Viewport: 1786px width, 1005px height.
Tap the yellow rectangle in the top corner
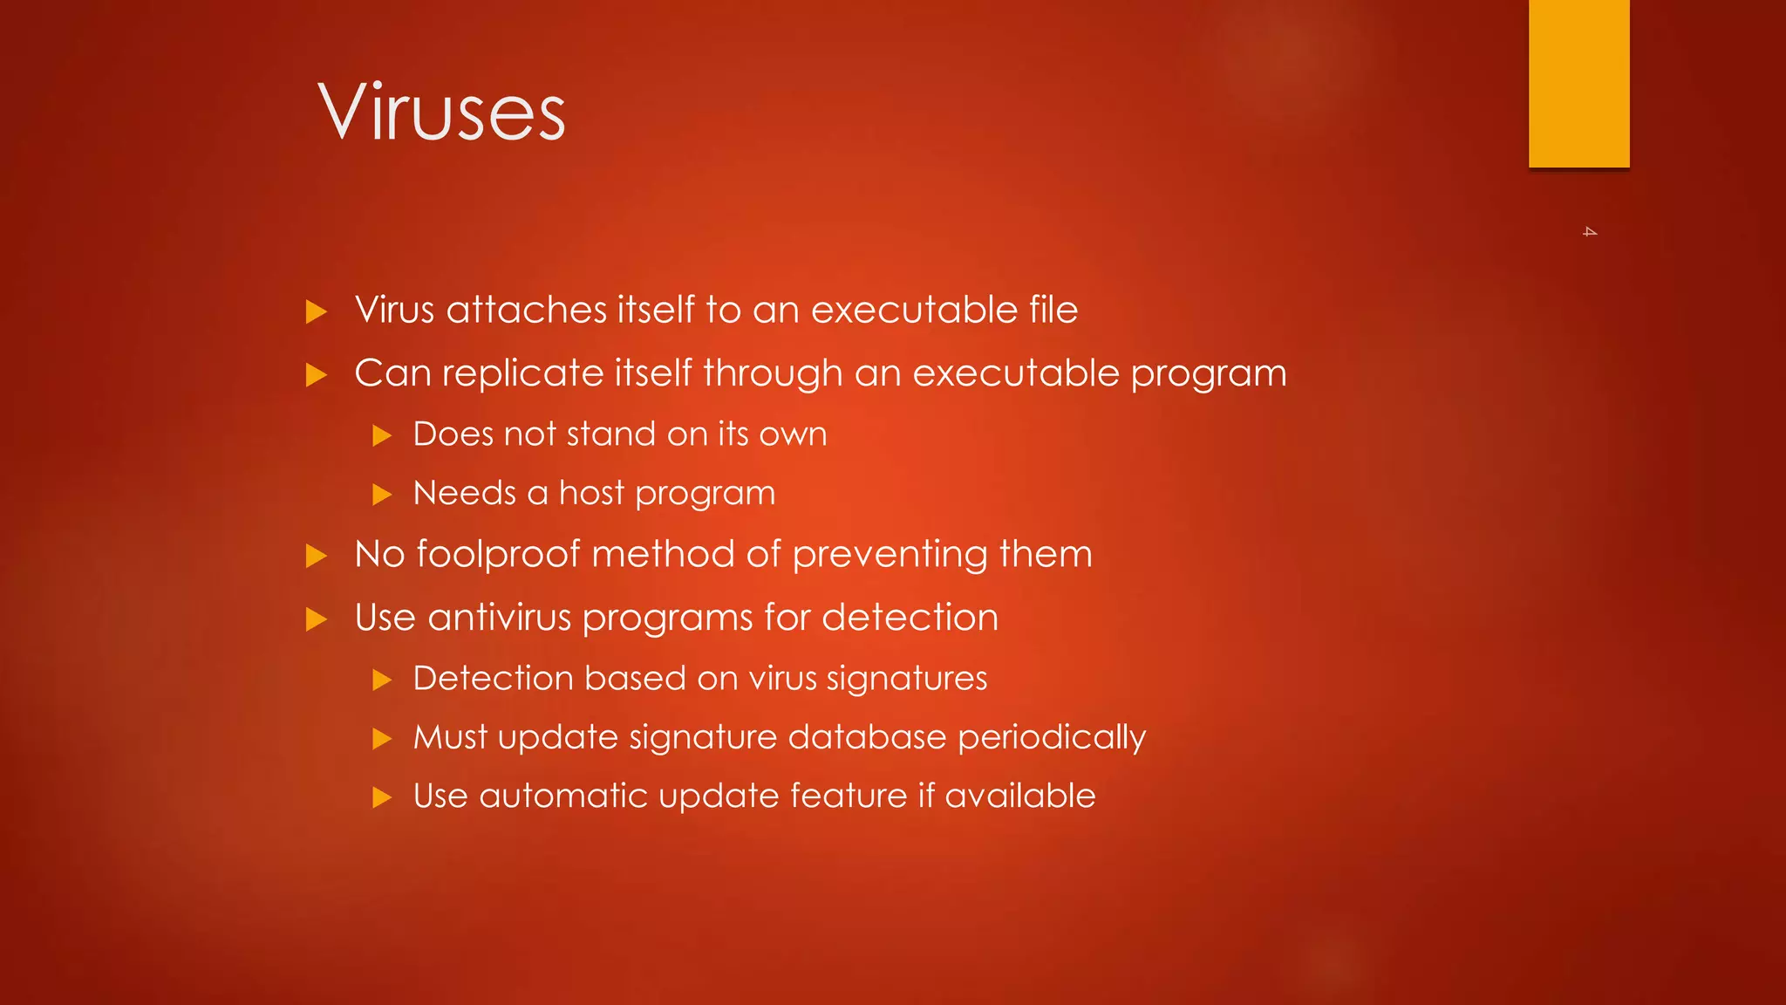click(1578, 83)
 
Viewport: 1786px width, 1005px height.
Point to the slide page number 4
click(1590, 232)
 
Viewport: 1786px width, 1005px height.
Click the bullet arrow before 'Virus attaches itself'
click(317, 311)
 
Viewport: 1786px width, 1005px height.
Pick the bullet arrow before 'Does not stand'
click(382, 435)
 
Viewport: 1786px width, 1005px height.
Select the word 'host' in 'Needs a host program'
click(591, 493)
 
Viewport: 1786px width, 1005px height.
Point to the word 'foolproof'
click(498, 555)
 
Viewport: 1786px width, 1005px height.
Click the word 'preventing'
click(890, 555)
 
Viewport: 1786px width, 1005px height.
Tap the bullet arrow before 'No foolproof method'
click(317, 556)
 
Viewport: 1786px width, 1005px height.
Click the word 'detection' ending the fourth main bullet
click(910, 618)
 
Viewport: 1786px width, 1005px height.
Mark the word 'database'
click(867, 737)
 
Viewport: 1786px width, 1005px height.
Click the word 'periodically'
click(1051, 738)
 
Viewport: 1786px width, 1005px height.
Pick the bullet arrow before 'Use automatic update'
click(382, 796)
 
